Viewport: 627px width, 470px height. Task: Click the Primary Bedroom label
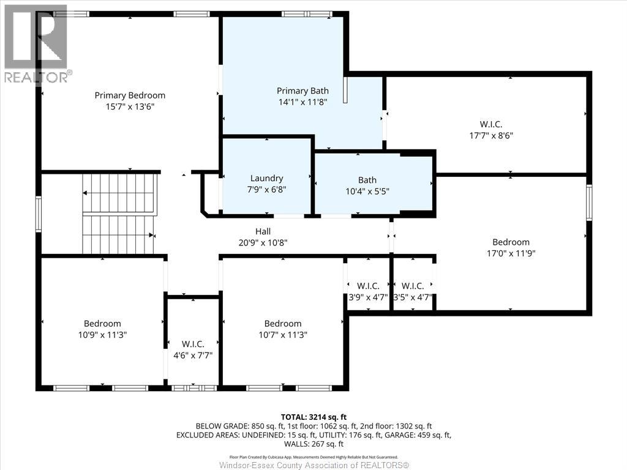(130, 95)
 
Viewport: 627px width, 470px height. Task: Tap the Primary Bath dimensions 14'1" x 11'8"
(302, 102)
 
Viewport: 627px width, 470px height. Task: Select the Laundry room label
(266, 178)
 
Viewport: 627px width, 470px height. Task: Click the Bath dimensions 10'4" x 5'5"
(367, 190)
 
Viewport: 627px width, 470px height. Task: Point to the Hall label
(263, 231)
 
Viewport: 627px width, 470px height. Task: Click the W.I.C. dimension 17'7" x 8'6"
(491, 136)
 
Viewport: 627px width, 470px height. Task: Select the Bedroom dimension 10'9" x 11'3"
(102, 335)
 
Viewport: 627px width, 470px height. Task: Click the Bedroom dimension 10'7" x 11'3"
(282, 335)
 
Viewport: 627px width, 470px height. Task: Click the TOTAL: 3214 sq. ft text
(313, 416)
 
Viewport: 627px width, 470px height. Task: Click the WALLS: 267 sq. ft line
(313, 444)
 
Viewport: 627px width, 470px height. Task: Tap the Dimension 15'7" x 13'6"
(130, 106)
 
